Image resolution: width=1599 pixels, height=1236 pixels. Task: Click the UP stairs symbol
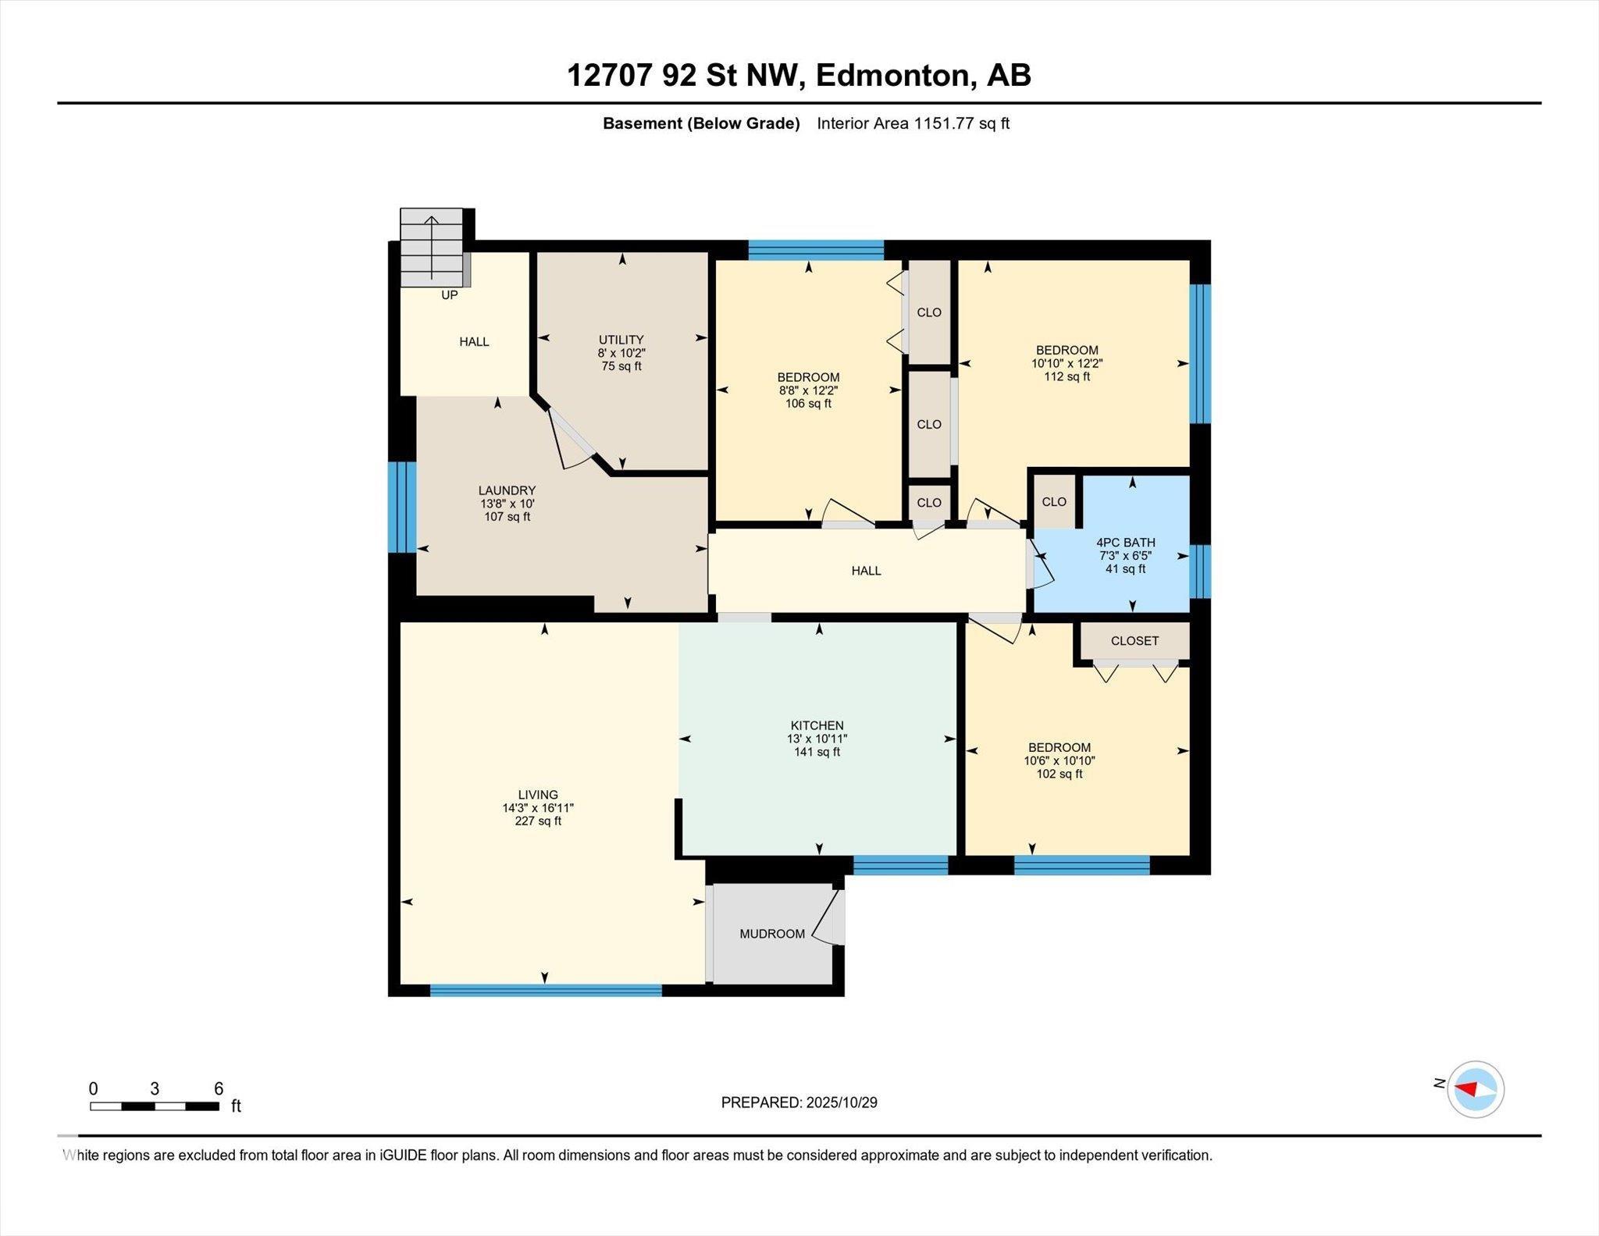click(x=431, y=247)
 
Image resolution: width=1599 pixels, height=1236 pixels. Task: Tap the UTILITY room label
click(x=621, y=340)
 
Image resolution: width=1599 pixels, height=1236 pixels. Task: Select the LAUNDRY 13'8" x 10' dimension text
click(x=507, y=504)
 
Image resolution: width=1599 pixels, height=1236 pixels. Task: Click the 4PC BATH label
click(x=1125, y=543)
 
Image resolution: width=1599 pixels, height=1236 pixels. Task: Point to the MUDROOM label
click(x=772, y=934)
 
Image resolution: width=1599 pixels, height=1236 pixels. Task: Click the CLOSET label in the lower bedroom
click(x=1134, y=641)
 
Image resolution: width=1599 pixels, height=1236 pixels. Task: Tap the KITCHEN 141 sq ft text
click(x=817, y=752)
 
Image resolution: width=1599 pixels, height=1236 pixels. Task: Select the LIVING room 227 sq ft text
click(x=538, y=821)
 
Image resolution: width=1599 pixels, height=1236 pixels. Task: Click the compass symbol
click(x=1475, y=1089)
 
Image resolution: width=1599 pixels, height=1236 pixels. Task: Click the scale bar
click(x=154, y=1106)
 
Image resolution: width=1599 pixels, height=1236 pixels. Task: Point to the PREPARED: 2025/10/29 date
click(x=799, y=1102)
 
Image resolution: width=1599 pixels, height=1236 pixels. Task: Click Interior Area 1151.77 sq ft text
click(x=913, y=123)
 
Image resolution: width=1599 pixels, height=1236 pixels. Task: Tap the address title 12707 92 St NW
click(x=798, y=76)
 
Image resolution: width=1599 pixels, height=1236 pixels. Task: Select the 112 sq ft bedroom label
click(x=1067, y=376)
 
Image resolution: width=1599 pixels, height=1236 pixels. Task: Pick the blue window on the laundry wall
click(x=402, y=508)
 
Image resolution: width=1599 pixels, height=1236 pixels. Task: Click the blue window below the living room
click(x=545, y=990)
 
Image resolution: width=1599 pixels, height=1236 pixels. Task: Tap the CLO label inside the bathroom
click(x=1053, y=502)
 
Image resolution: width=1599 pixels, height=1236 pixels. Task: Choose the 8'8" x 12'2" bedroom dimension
click(x=808, y=390)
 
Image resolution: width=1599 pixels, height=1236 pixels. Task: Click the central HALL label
click(x=866, y=571)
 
